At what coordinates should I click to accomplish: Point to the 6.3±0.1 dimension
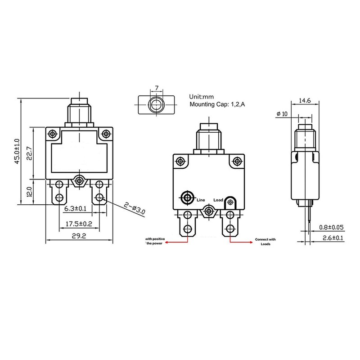coord(75,209)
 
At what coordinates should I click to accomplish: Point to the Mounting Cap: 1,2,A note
coord(217,104)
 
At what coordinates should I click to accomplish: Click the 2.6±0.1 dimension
coord(331,238)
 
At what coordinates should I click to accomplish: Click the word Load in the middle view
coord(218,199)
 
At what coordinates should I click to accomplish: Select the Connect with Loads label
coord(265,242)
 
